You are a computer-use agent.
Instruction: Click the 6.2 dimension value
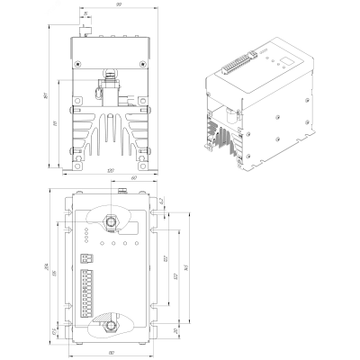point(161,202)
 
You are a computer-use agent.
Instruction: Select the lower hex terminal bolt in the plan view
point(110,326)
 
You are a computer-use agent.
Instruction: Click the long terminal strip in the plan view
point(87,292)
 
